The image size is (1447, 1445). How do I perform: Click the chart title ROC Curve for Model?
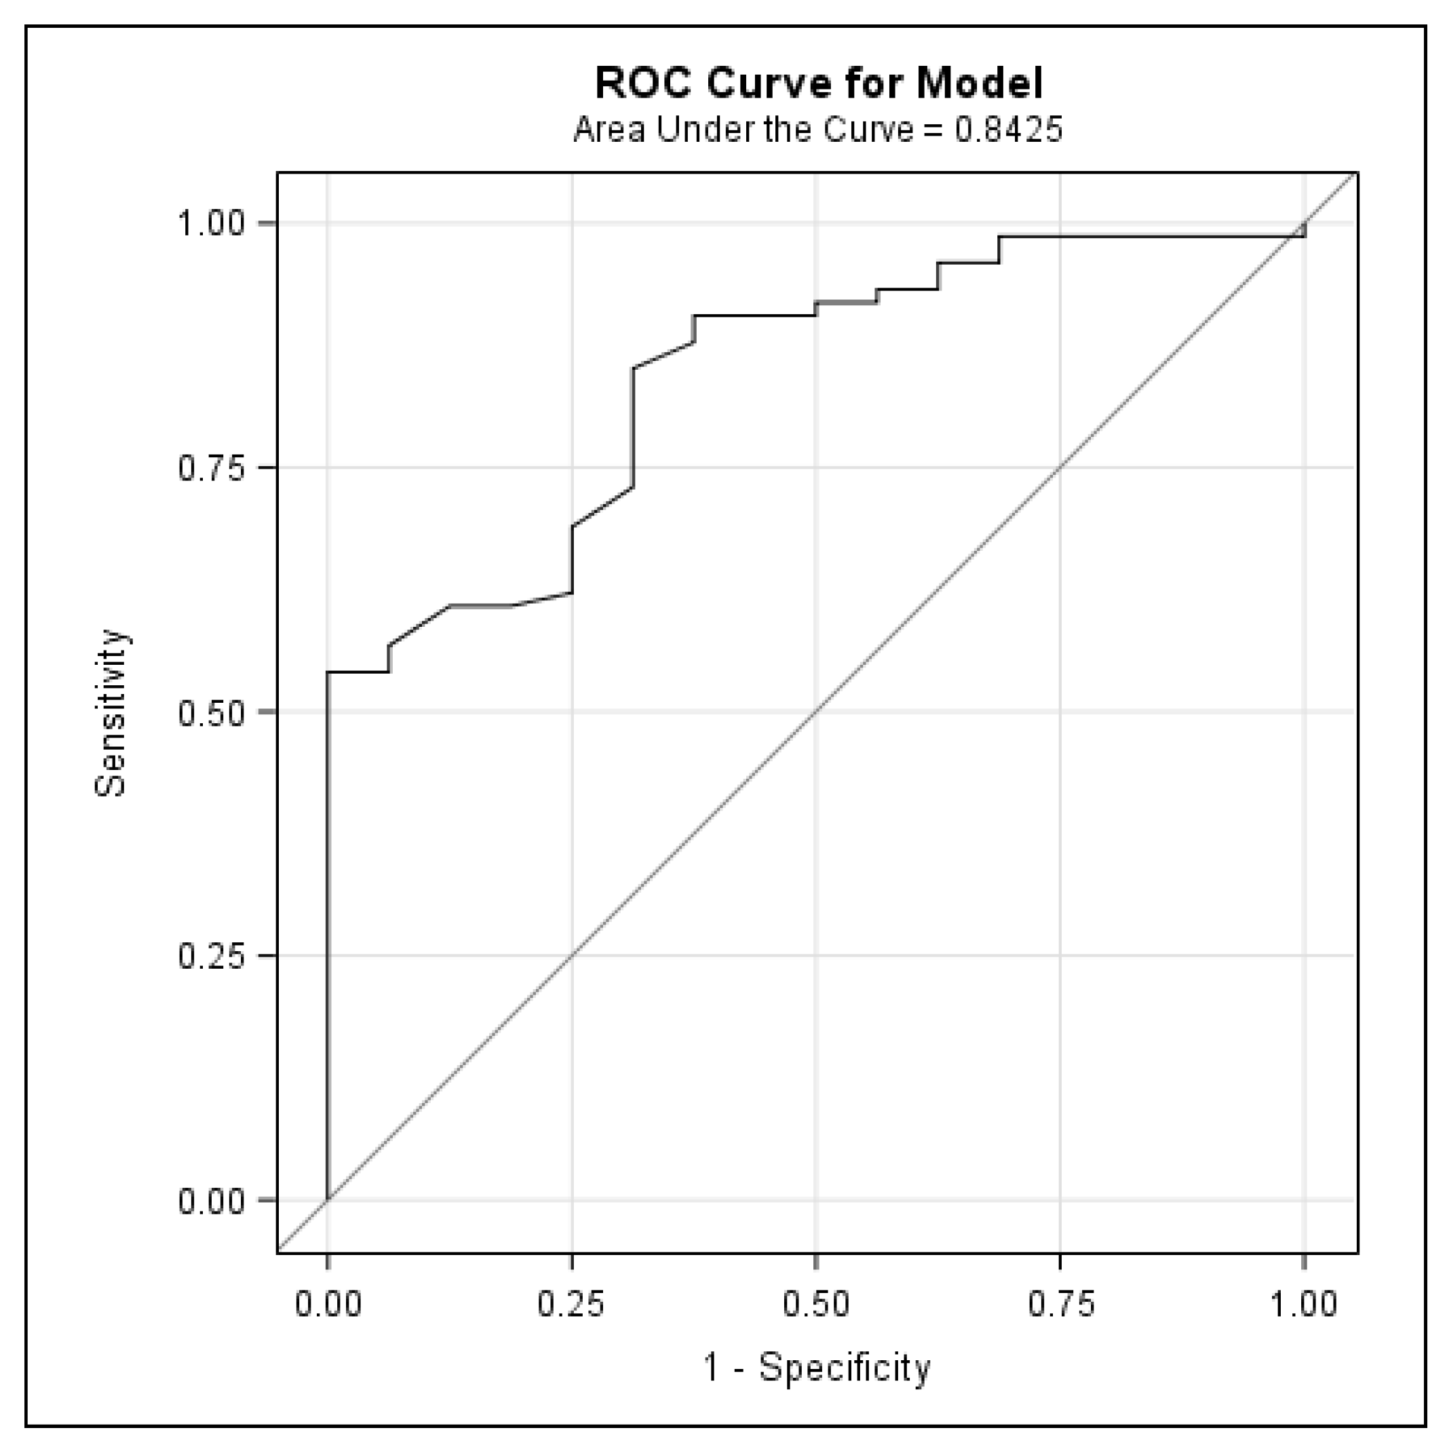pyautogui.click(x=818, y=83)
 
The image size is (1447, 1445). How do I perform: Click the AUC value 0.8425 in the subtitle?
pyautogui.click(x=1008, y=130)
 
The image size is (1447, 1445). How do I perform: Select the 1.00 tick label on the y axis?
pyautogui.click(x=211, y=223)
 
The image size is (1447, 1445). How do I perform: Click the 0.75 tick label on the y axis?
pyautogui.click(x=211, y=467)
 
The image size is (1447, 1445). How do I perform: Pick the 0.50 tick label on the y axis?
pyautogui.click(x=211, y=712)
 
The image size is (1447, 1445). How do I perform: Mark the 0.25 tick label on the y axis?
pyautogui.click(x=211, y=956)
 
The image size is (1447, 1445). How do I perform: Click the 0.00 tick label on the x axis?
pyautogui.click(x=328, y=1304)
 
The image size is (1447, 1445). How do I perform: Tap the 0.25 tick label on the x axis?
pyautogui.click(x=571, y=1304)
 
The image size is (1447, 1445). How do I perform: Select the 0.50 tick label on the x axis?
pyautogui.click(x=815, y=1304)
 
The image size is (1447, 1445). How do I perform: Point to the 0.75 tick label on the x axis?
pyautogui.click(x=1060, y=1304)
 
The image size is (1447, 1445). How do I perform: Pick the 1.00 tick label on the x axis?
pyautogui.click(x=1304, y=1304)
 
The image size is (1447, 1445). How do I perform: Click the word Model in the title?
pyautogui.click(x=979, y=83)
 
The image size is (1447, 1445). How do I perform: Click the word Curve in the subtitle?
pyautogui.click(x=868, y=130)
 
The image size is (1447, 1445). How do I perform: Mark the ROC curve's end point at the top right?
pyautogui.click(x=1305, y=223)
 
